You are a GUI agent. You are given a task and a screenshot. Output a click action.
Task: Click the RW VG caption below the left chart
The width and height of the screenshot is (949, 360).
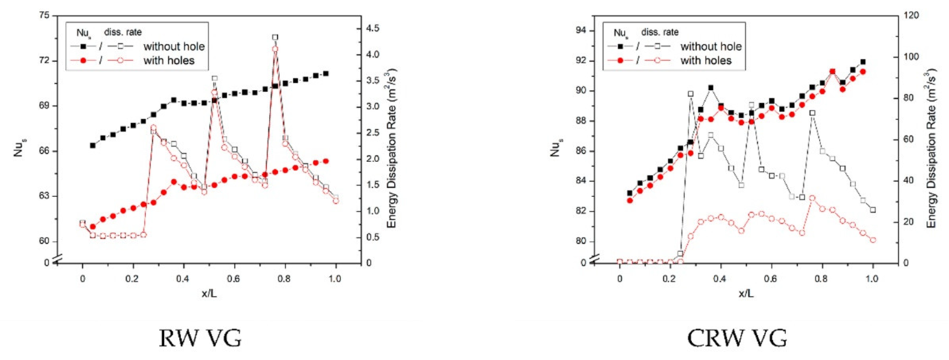[200, 338]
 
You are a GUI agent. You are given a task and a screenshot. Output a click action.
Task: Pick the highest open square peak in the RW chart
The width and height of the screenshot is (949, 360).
[275, 37]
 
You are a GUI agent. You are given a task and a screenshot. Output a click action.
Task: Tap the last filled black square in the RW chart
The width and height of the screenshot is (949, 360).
[326, 74]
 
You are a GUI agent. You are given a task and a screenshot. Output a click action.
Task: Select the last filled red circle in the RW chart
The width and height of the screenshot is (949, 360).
[326, 161]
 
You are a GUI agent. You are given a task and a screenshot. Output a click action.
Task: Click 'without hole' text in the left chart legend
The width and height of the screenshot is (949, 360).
[174, 46]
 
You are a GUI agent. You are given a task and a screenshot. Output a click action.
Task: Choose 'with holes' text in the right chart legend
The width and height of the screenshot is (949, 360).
[706, 60]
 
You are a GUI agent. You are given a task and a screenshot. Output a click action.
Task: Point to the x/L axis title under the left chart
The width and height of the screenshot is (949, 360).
[209, 294]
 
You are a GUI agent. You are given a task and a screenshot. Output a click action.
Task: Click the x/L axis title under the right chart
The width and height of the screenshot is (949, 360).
[746, 294]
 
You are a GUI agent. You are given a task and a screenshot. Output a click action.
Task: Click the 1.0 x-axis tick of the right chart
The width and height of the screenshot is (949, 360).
[872, 279]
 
